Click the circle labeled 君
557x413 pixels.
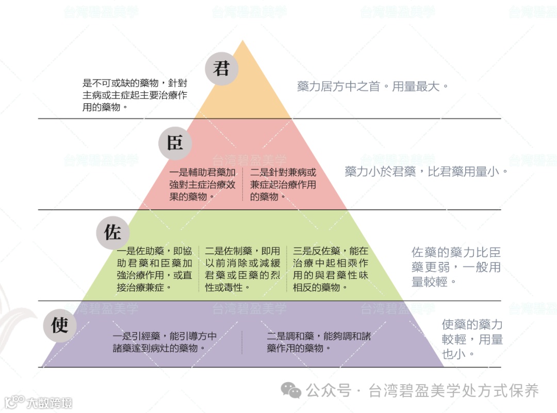(x=221, y=69)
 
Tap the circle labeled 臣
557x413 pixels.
(x=175, y=143)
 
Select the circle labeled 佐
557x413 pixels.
(x=112, y=233)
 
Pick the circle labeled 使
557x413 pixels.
(x=60, y=326)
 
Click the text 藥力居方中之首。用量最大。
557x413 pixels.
(x=373, y=86)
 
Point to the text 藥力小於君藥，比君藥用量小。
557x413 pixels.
(x=426, y=171)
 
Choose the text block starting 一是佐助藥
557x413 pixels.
(x=154, y=269)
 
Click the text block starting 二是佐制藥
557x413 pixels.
(x=242, y=269)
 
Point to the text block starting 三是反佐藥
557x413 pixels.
(x=331, y=269)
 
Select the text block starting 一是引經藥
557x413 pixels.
(x=165, y=342)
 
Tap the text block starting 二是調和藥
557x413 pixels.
(x=319, y=342)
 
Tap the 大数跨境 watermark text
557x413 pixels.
(x=50, y=402)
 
